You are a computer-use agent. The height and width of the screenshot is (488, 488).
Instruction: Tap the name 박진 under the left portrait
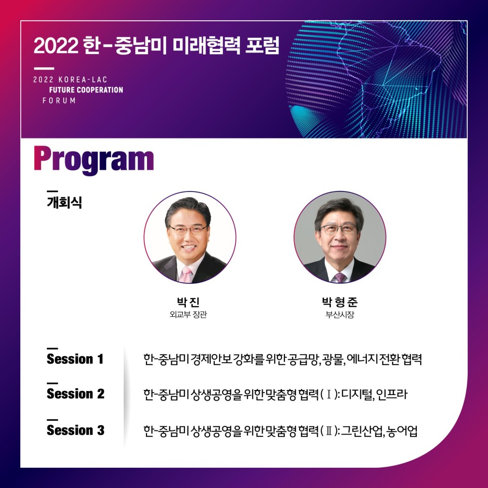tap(188, 302)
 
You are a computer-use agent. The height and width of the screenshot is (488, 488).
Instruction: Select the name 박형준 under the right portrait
tap(339, 302)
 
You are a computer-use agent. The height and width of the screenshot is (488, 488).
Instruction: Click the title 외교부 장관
tap(188, 314)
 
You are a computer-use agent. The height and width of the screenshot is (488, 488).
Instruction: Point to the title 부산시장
tap(339, 314)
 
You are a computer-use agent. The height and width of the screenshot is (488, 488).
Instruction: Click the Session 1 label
tap(75, 359)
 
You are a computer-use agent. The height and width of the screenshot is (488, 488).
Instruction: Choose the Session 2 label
tap(75, 394)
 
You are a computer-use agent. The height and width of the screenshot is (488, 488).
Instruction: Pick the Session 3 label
tap(75, 430)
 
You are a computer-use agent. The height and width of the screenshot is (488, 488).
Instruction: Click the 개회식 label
tap(65, 202)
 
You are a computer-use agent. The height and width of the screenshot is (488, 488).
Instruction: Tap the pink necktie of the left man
tap(185, 274)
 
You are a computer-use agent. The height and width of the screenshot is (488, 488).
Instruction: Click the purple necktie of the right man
tap(339, 277)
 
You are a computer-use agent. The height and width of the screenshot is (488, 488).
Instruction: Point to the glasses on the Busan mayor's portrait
tap(338, 229)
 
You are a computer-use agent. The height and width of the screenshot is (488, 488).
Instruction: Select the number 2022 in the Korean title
tap(56, 45)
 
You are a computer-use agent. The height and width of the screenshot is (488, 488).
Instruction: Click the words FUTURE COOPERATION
tap(86, 90)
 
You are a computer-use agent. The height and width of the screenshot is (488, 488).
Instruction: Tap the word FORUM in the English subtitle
tap(59, 101)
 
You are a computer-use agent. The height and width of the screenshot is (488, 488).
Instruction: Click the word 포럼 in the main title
tap(262, 45)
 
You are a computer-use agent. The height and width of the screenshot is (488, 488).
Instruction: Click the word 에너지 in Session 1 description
tap(362, 359)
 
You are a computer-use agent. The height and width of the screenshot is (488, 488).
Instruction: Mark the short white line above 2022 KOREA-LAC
tap(44, 69)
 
